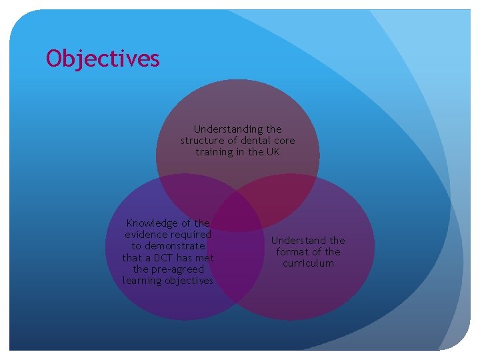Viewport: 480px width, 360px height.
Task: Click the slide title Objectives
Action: click(x=103, y=59)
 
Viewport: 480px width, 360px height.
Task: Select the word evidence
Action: click(x=146, y=235)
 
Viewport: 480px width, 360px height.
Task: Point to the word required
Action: click(x=191, y=235)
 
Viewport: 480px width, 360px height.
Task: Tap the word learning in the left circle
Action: click(x=142, y=281)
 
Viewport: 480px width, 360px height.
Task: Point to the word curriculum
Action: click(x=308, y=263)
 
